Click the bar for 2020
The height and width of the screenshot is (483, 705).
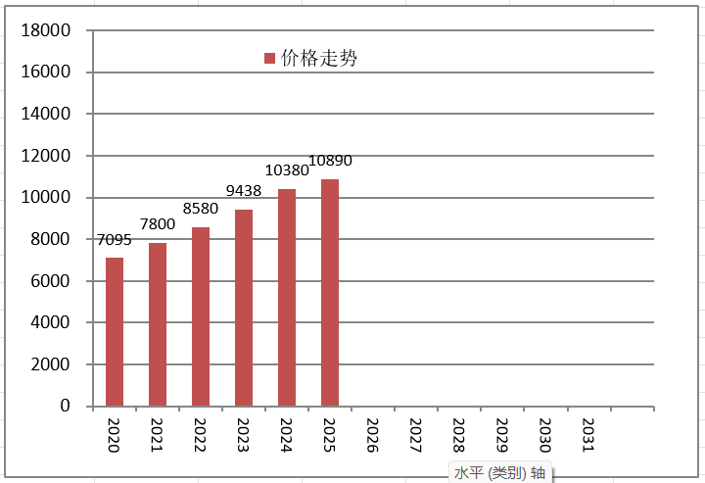[x=115, y=332]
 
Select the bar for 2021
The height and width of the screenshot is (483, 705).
[x=158, y=324]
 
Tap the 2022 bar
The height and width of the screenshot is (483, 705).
[x=201, y=316]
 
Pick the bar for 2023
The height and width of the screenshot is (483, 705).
[x=244, y=308]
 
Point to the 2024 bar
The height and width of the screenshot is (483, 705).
[x=287, y=298]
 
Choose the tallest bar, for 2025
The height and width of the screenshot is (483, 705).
[x=330, y=293]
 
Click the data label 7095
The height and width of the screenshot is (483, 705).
[x=115, y=240]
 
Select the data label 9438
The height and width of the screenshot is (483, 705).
[x=244, y=191]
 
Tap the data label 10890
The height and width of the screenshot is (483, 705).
[x=331, y=161]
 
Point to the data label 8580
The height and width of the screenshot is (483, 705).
[x=201, y=209]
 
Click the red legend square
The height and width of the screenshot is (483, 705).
[x=269, y=58]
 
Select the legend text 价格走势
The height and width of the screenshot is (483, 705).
[x=319, y=58]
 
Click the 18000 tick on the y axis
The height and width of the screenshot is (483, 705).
[x=46, y=30]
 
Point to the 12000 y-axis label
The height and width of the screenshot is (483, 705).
[x=46, y=156]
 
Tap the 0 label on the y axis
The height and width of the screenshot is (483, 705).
[x=66, y=406]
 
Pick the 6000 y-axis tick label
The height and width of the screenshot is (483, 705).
[x=50, y=281]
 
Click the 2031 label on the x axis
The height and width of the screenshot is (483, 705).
[x=588, y=435]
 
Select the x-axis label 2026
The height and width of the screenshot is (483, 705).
[x=373, y=435]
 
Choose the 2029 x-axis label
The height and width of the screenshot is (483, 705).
[x=502, y=435]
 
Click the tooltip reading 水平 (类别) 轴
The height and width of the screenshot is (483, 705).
[x=500, y=473]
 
